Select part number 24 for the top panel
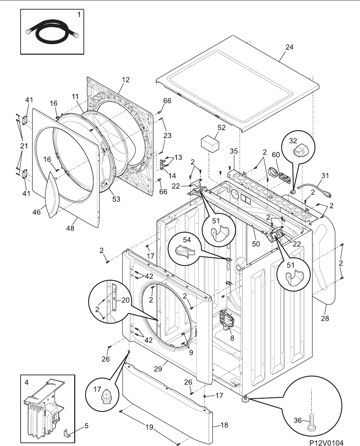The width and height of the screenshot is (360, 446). pyautogui.click(x=289, y=47)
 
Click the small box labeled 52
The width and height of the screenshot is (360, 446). pyautogui.click(x=210, y=144)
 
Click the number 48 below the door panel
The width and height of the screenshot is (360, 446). pyautogui.click(x=70, y=228)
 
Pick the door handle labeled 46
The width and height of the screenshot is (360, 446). pyautogui.click(x=52, y=195)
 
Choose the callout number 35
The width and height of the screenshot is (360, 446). pyautogui.click(x=234, y=151)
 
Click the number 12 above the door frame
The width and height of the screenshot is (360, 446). pyautogui.click(x=126, y=80)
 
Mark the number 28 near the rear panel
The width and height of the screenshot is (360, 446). pyautogui.click(x=325, y=319)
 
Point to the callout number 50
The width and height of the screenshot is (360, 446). pyautogui.click(x=256, y=244)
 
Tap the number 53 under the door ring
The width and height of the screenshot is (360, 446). pyautogui.click(x=116, y=199)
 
